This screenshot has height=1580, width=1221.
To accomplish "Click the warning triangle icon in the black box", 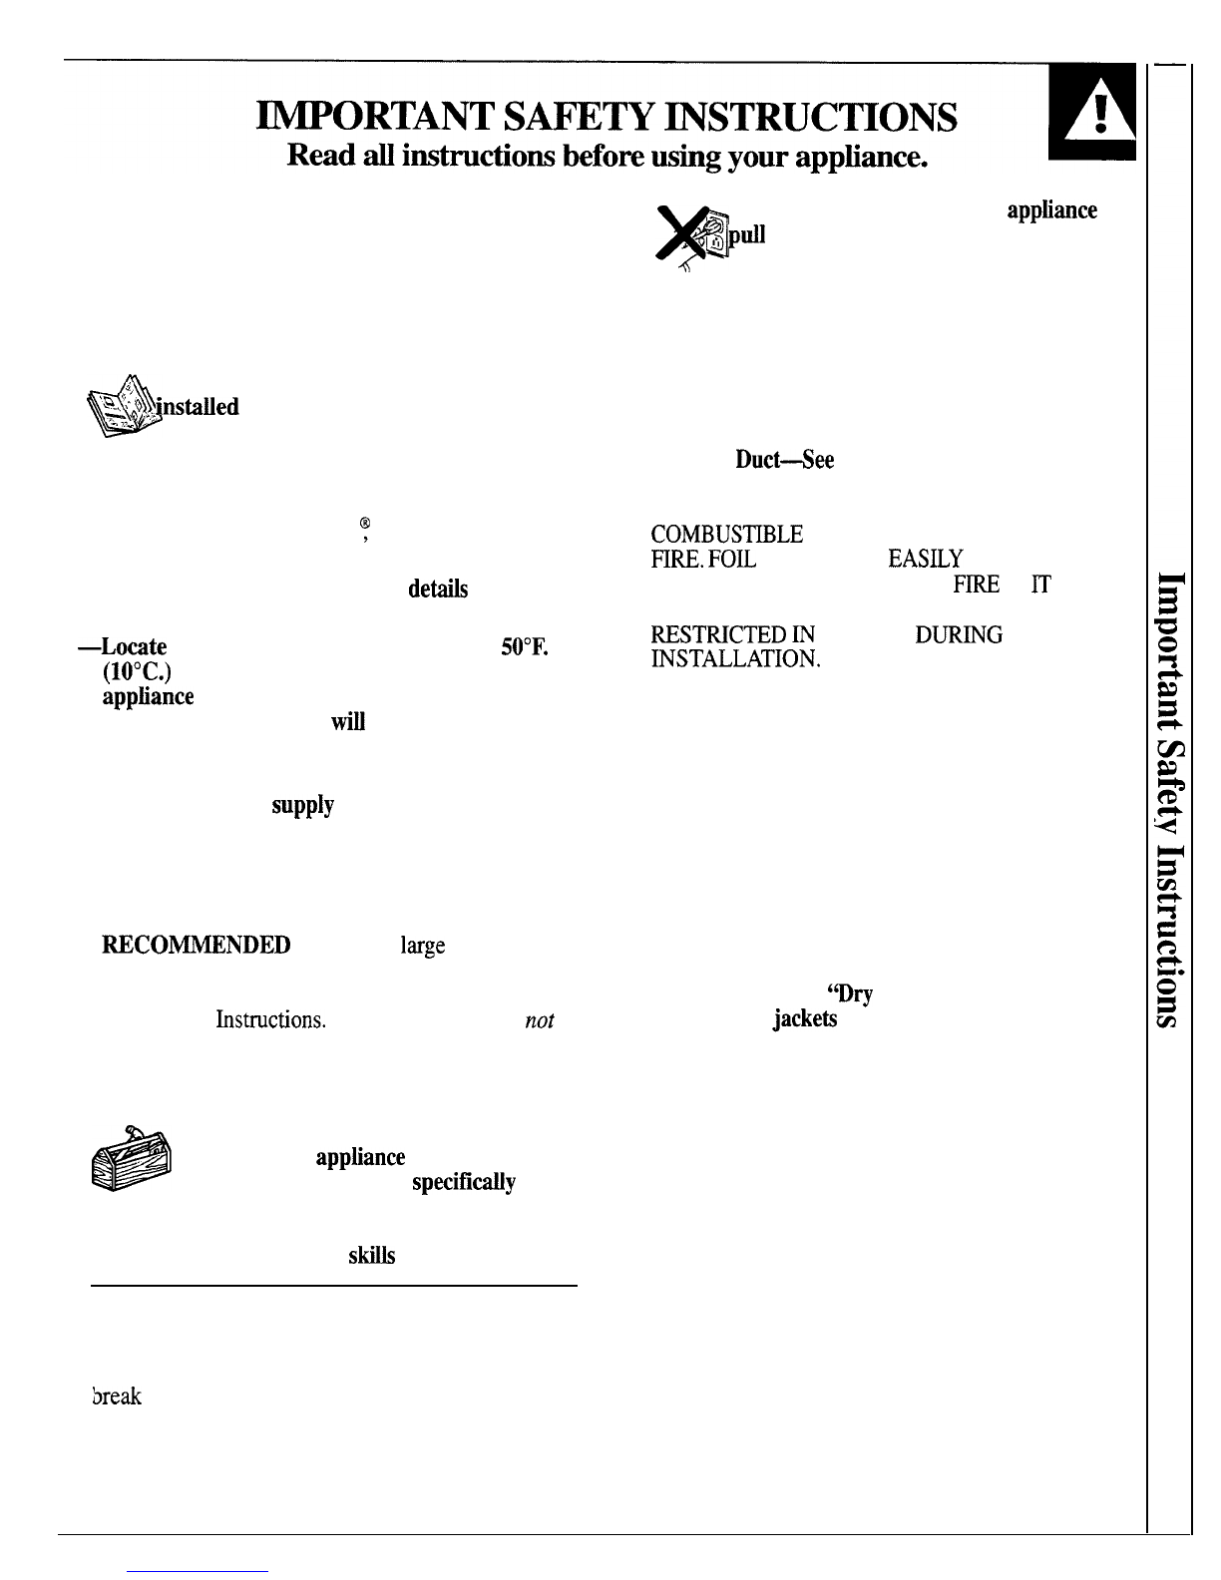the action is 1099,112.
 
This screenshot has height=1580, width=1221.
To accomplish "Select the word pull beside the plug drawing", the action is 747,235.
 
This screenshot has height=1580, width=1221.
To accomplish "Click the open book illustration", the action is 122,406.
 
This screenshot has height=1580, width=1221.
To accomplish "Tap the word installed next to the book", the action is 197,406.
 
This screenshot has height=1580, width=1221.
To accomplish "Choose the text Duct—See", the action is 784,460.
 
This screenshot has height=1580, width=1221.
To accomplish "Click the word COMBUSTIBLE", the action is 726,535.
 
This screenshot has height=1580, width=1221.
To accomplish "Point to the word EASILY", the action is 925,560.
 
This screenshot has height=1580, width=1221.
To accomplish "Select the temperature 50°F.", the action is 525,647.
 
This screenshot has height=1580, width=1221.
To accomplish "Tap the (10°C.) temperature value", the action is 137,672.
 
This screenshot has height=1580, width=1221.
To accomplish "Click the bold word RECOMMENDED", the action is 197,946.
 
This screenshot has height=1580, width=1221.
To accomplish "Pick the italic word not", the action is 539,1020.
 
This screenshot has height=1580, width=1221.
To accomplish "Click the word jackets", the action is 804,1018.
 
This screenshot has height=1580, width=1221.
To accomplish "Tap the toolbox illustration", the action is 131,1158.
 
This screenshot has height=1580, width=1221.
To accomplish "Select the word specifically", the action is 463,1183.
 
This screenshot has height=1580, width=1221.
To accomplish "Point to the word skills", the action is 372,1256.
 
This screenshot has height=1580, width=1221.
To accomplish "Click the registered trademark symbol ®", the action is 365,523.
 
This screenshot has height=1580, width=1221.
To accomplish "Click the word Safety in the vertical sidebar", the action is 1170,787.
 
